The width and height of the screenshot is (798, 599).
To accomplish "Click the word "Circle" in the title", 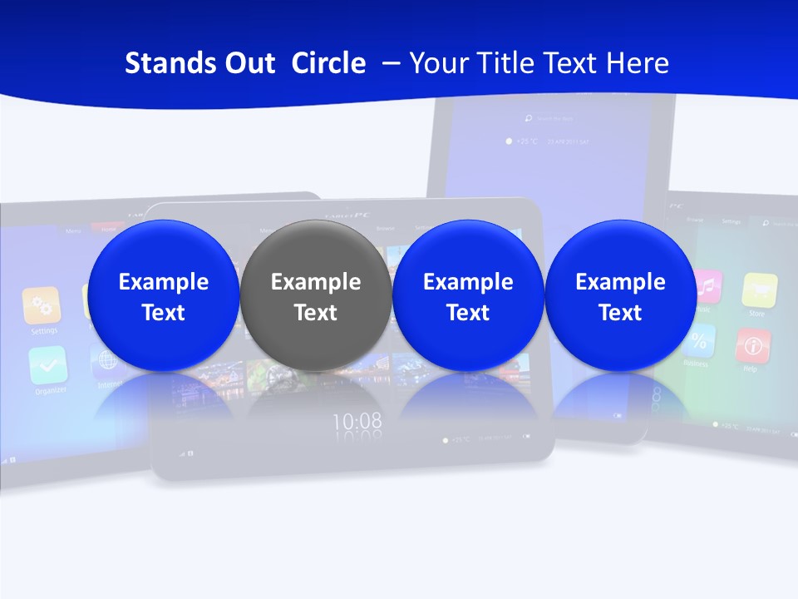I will click(x=328, y=63).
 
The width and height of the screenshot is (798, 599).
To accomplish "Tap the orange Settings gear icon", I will click(x=42, y=304).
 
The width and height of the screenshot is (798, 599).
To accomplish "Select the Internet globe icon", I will click(x=106, y=360).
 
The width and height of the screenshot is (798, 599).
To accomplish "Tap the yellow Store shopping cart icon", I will click(x=759, y=290).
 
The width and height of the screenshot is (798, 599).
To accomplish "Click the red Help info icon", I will click(x=752, y=344).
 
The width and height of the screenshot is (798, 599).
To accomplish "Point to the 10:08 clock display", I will click(x=357, y=421).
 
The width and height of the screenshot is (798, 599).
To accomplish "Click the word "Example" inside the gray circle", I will click(x=316, y=282).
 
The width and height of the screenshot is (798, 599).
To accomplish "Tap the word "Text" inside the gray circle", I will click(x=316, y=313).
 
